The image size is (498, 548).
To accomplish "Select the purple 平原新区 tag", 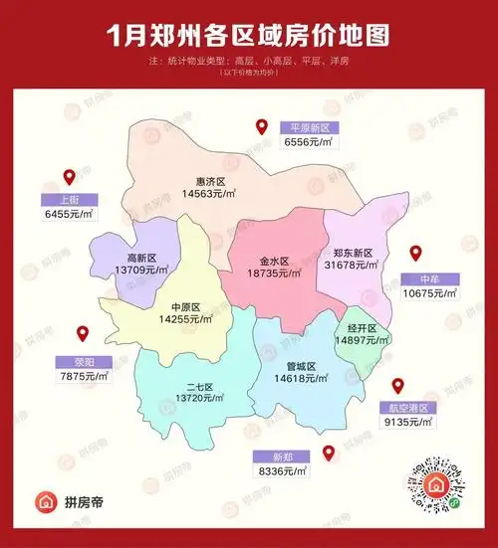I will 309,128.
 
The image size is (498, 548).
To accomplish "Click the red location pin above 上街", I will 70,178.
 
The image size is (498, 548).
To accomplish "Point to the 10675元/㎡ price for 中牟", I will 429,293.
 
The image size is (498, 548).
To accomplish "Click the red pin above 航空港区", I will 397,386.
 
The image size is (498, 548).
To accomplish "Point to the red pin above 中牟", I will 417,254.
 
